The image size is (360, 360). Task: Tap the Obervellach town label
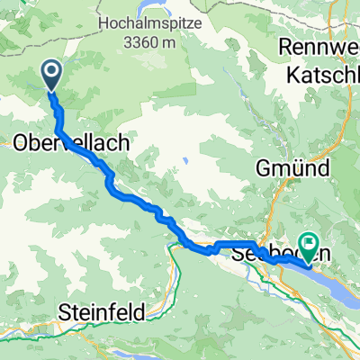(72, 142)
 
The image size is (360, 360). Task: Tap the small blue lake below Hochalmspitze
(184, 163)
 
